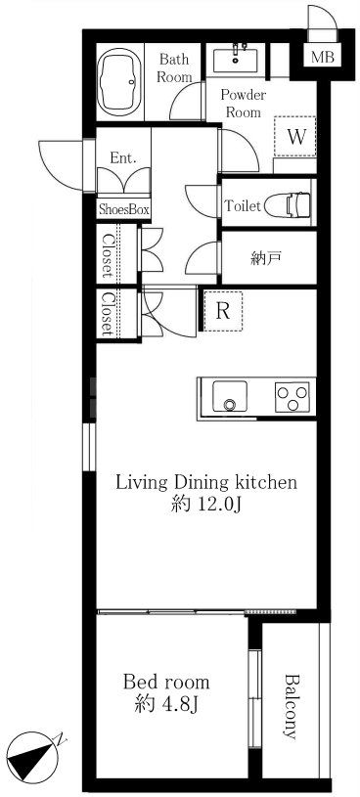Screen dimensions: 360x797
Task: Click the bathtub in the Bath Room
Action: tap(120, 82)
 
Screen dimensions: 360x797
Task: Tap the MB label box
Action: tap(323, 57)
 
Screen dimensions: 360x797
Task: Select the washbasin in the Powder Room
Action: tap(236, 59)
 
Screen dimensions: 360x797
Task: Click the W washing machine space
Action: tap(295, 136)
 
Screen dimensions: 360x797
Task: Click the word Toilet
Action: tap(243, 206)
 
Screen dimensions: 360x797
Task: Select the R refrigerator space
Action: tap(223, 311)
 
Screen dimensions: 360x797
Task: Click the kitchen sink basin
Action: tap(230, 396)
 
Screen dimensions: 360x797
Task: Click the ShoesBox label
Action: tap(123, 209)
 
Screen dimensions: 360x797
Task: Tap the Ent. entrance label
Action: tap(123, 158)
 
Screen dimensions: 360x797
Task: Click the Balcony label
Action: tap(291, 706)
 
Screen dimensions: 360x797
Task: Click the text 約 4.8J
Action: tap(166, 704)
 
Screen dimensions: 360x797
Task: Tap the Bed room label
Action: tap(166, 682)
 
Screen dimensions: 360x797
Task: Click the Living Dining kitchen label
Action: tap(206, 482)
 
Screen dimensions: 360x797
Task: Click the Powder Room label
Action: tap(243, 104)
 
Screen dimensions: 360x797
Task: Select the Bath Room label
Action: tap(174, 67)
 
